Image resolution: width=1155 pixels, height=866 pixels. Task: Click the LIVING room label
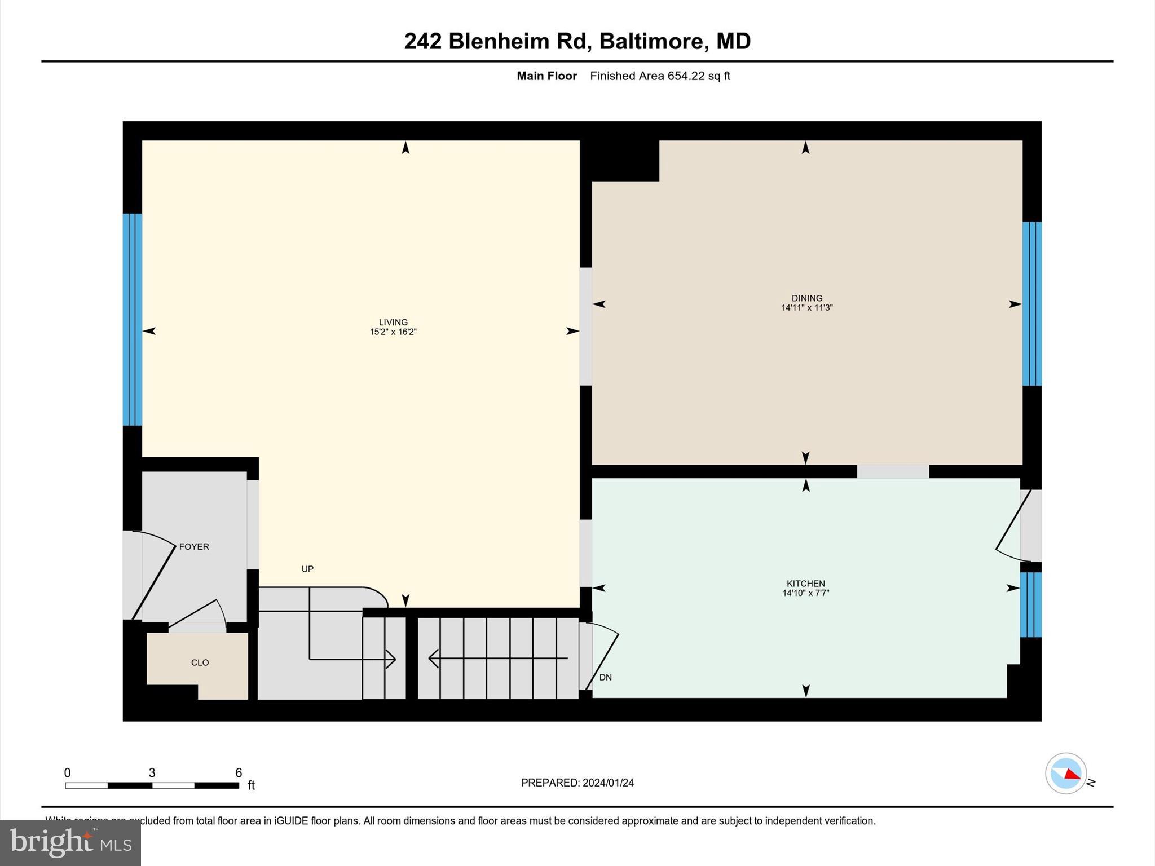pyautogui.click(x=393, y=322)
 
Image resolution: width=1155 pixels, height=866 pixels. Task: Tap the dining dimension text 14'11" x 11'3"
pyautogui.click(x=806, y=308)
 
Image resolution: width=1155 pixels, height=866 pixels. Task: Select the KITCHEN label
pyautogui.click(x=805, y=584)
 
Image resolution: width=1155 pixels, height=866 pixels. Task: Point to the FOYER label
pyautogui.click(x=194, y=547)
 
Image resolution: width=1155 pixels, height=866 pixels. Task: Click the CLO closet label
pyautogui.click(x=200, y=662)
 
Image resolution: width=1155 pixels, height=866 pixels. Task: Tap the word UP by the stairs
pyautogui.click(x=307, y=569)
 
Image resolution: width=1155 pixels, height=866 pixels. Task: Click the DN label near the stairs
pyautogui.click(x=605, y=677)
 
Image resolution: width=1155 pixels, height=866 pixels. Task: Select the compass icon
pyautogui.click(x=1065, y=774)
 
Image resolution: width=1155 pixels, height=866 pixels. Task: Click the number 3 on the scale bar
pyautogui.click(x=152, y=773)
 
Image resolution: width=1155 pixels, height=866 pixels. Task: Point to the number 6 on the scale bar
pyautogui.click(x=239, y=773)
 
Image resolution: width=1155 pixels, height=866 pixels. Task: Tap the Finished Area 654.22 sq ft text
pyautogui.click(x=660, y=76)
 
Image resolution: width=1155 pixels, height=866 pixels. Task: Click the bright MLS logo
pyautogui.click(x=70, y=842)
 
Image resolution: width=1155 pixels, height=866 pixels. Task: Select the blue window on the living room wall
pyautogui.click(x=133, y=319)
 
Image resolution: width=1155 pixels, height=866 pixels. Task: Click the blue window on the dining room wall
pyautogui.click(x=1031, y=304)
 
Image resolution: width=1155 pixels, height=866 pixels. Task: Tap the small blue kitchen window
pyautogui.click(x=1030, y=604)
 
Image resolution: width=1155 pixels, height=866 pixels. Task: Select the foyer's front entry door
pyautogui.click(x=152, y=575)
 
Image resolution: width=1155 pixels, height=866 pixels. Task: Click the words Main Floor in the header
pyautogui.click(x=546, y=76)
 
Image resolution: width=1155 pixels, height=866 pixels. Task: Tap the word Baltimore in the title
pyautogui.click(x=651, y=41)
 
